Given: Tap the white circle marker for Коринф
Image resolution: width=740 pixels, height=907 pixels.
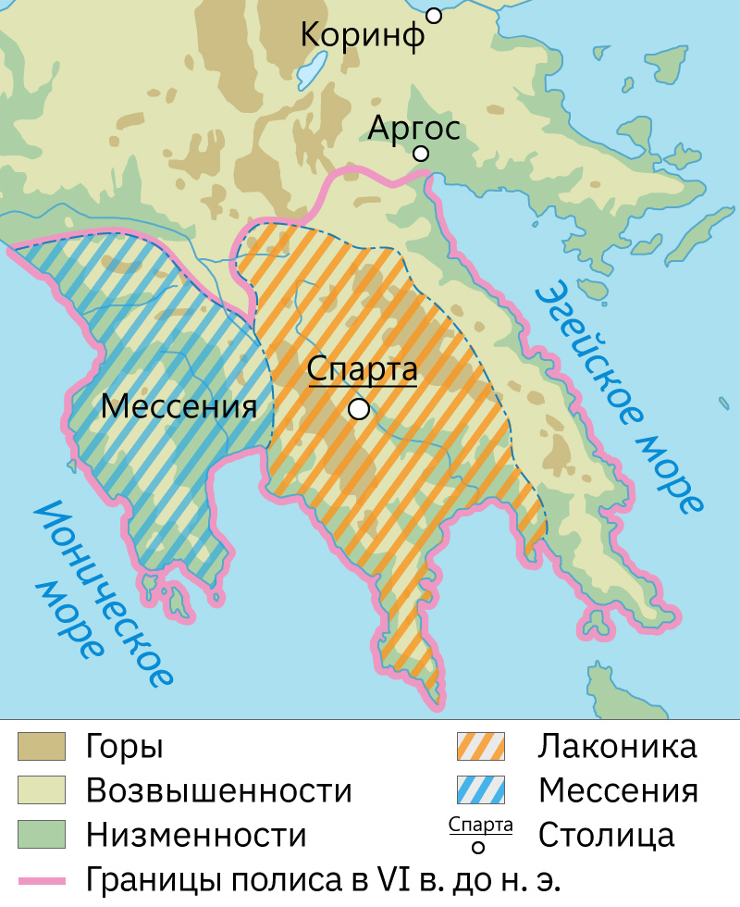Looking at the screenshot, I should click(434, 16).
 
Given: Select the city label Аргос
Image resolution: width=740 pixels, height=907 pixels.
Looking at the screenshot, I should click(413, 127).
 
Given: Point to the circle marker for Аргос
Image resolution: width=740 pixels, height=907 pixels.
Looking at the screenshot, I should click(422, 154).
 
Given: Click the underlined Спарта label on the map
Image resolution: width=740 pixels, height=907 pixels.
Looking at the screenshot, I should click(363, 371).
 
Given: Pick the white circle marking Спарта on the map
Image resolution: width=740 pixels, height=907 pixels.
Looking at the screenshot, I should click(359, 408).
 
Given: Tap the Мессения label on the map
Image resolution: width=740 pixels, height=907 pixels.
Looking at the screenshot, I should click(178, 406).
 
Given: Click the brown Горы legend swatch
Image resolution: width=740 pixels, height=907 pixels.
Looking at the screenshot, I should click(42, 747).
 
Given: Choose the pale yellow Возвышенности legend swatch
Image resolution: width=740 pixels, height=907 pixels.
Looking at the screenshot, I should click(42, 790).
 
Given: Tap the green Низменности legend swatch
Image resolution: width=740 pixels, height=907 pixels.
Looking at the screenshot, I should click(42, 834).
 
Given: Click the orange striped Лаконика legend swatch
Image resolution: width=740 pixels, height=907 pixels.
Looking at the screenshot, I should click(480, 747).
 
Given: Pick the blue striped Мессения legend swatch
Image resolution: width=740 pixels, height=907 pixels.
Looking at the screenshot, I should click(480, 790).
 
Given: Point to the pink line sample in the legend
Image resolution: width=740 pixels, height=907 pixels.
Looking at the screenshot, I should click(42, 878).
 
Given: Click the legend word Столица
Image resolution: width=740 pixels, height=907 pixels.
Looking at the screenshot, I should click(607, 835).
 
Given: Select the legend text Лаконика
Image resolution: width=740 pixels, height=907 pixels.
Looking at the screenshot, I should click(617, 747).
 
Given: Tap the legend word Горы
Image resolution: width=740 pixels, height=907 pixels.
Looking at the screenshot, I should click(125, 747).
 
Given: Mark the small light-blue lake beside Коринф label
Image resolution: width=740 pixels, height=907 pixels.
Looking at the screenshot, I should click(312, 68).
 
